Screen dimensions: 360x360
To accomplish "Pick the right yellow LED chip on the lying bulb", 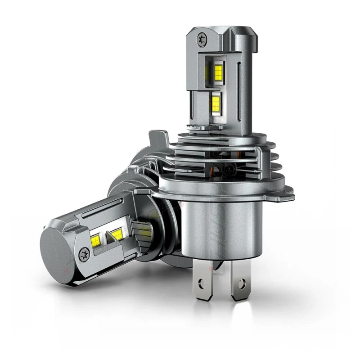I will click(x=117, y=234).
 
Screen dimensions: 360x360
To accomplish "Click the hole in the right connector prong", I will click(x=243, y=283).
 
